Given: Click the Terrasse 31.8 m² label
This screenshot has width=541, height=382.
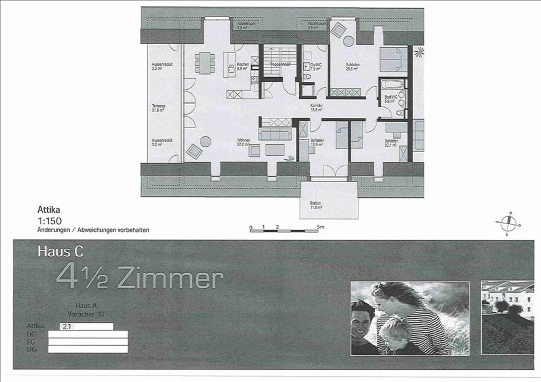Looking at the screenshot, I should click(x=159, y=108).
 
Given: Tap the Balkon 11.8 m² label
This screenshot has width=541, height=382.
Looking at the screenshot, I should click(x=316, y=205).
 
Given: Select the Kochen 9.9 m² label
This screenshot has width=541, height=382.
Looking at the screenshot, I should click(x=243, y=66).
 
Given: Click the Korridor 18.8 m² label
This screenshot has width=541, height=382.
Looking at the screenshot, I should click(x=316, y=108).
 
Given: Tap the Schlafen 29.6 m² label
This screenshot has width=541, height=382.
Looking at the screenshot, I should click(x=352, y=67).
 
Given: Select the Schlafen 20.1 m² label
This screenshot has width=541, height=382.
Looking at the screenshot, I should click(x=391, y=143).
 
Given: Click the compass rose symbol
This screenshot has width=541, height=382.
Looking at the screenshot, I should click(x=509, y=224).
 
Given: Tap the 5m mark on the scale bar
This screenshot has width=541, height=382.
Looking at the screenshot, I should click(x=320, y=227).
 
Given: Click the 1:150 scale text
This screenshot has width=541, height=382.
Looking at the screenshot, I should click(x=49, y=221).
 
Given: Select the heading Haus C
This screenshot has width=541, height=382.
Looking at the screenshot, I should click(x=60, y=251).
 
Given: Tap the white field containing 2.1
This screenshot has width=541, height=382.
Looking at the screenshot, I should click(x=86, y=326).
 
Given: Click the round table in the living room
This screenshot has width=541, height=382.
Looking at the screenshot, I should click(x=206, y=141).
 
